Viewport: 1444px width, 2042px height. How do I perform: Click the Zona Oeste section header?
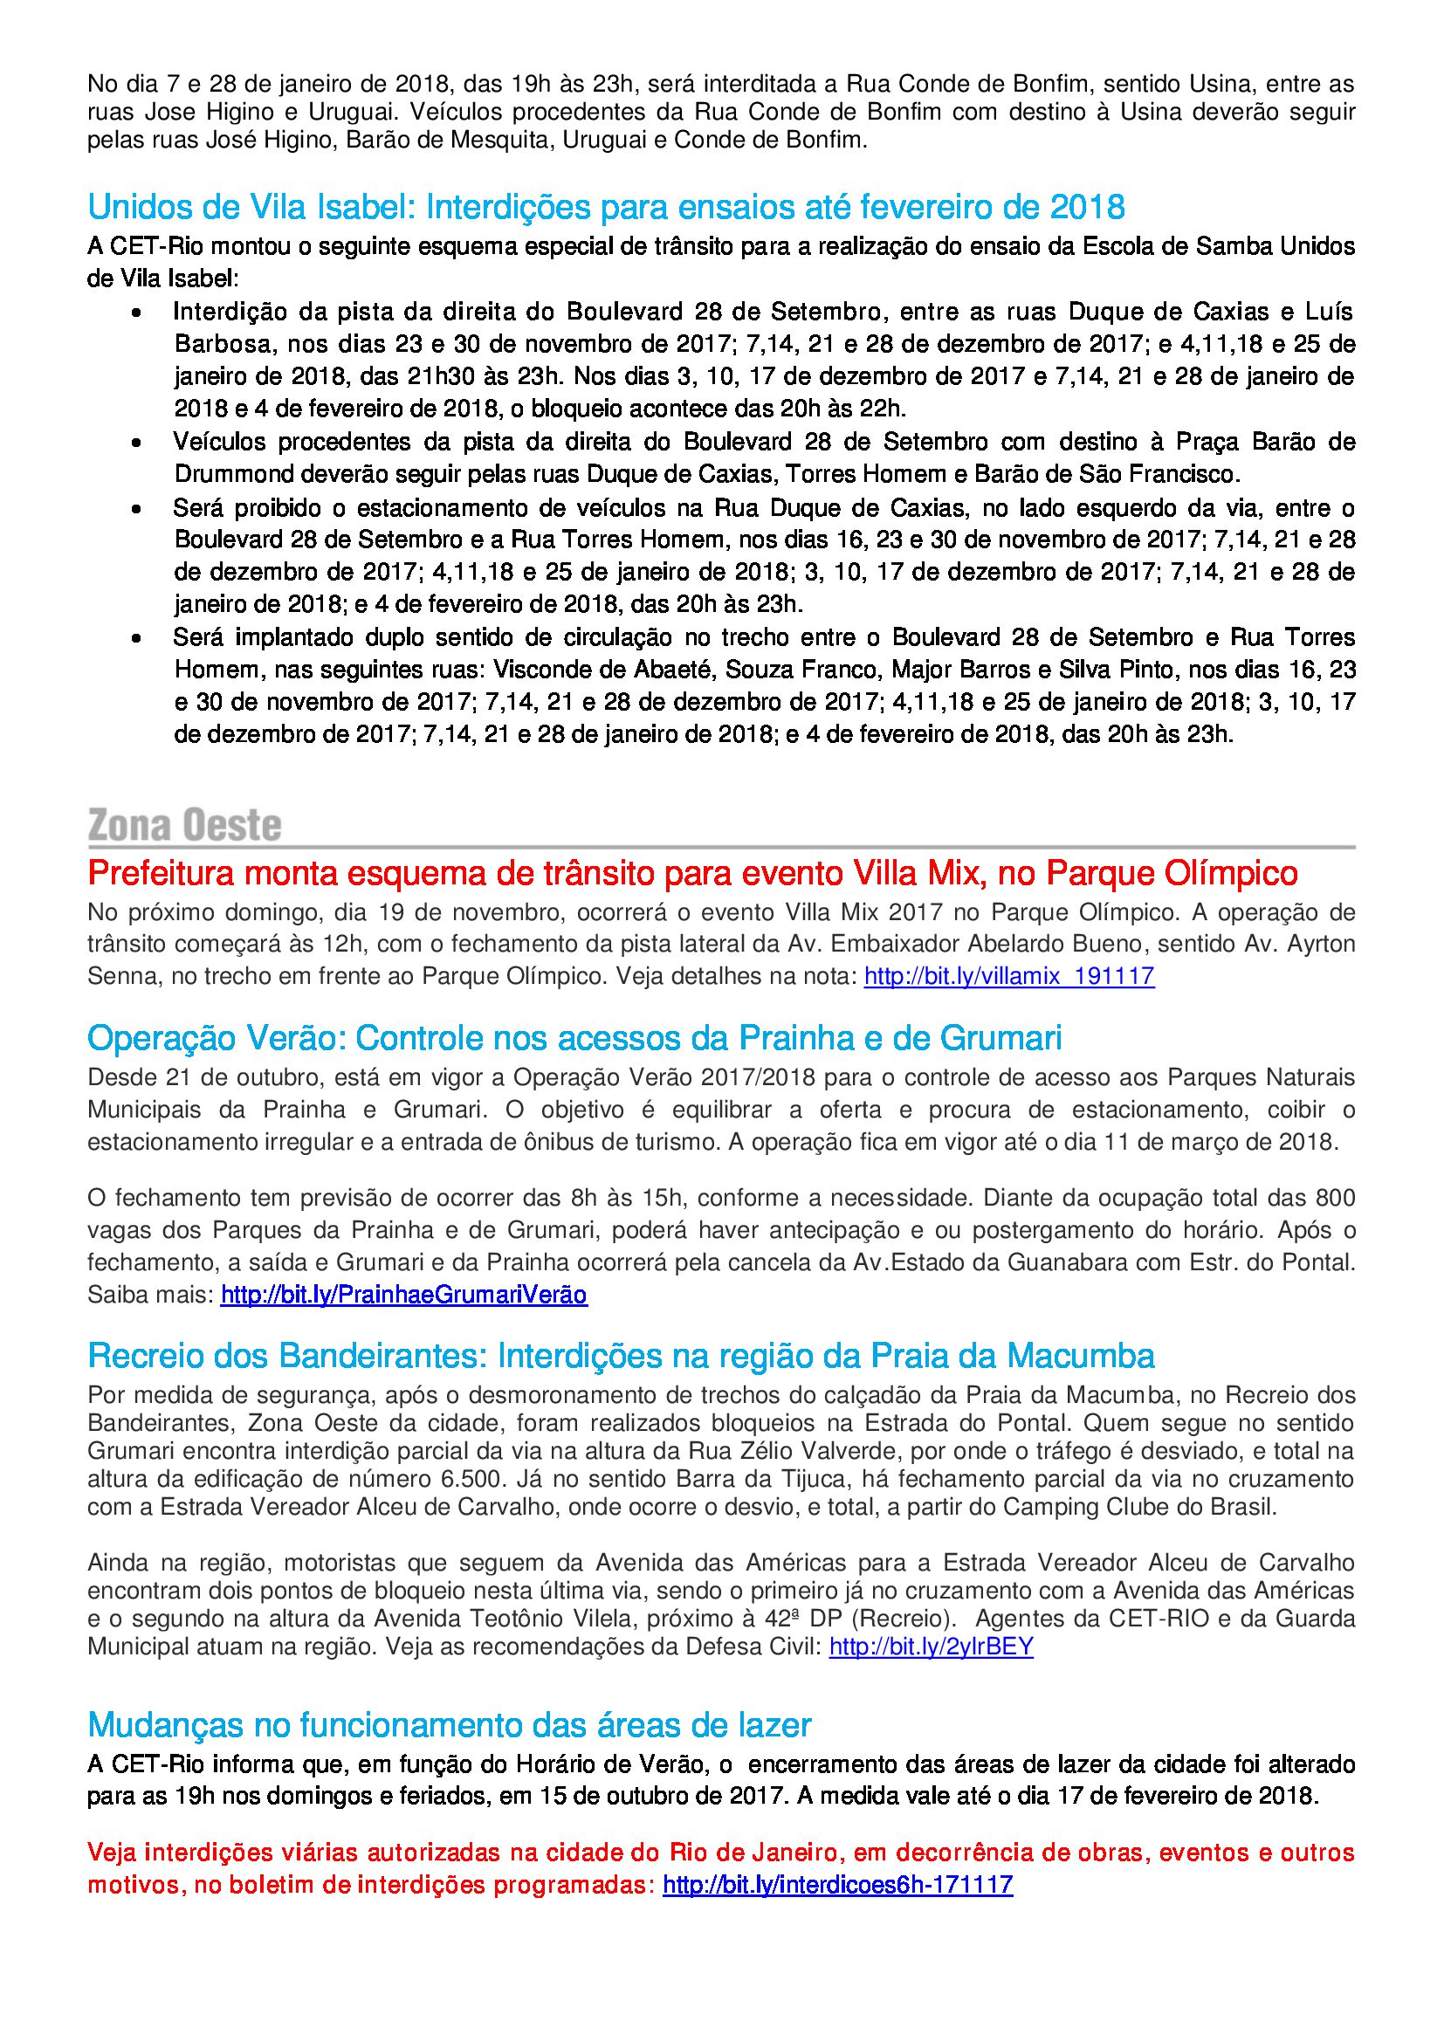click(185, 825)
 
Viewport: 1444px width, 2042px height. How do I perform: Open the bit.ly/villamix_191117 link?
click(1008, 977)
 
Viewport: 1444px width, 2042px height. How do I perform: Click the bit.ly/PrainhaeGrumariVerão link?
click(403, 1294)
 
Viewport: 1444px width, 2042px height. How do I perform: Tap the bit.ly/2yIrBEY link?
click(931, 1647)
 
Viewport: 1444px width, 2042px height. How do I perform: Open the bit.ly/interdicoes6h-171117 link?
click(837, 1885)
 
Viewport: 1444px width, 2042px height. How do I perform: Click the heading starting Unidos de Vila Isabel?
click(606, 207)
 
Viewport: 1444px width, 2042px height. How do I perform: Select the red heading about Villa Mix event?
click(692, 873)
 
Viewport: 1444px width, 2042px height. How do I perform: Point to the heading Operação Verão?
click(574, 1038)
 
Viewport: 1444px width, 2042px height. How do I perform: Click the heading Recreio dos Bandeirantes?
click(621, 1357)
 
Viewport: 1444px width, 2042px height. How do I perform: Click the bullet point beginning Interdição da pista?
click(136, 313)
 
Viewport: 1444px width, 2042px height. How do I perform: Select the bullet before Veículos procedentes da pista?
click(136, 443)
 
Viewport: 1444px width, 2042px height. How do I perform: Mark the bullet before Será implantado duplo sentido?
click(136, 638)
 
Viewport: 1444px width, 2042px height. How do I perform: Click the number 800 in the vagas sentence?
click(1336, 1198)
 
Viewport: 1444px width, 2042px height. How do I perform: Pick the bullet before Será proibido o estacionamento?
click(136, 510)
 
